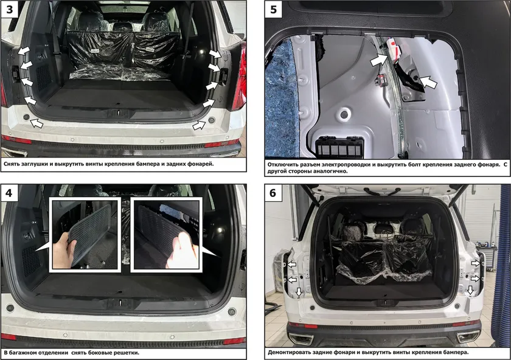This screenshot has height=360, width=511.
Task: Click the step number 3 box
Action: [x=9, y=9]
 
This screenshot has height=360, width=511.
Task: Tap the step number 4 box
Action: [x=9, y=193]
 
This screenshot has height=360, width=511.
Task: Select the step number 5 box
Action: [x=273, y=9]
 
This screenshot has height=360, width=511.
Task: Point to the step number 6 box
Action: [x=273, y=193]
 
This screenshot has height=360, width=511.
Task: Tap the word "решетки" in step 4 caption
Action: [x=126, y=353]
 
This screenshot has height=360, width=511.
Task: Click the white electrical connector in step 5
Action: [x=393, y=49]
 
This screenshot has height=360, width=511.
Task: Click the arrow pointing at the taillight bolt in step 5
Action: [x=428, y=82]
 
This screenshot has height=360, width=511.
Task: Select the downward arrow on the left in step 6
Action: [x=299, y=292]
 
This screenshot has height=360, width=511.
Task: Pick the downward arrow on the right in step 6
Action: [x=470, y=290]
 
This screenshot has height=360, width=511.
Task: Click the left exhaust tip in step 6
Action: [x=301, y=338]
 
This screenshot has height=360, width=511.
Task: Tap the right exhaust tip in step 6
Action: [x=468, y=337]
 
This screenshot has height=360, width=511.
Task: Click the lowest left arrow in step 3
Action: [x=36, y=123]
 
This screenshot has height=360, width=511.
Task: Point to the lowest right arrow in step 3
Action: [x=199, y=125]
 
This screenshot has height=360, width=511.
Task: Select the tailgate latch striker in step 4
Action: [x=120, y=303]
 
